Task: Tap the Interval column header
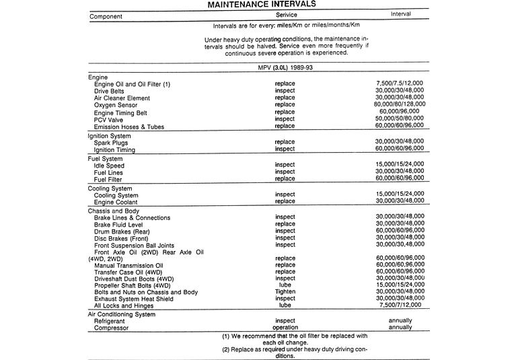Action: point(400,14)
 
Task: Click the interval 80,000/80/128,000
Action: point(400,105)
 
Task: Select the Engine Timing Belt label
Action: point(122,112)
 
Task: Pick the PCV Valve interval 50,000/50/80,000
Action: point(400,119)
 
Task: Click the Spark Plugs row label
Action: point(112,143)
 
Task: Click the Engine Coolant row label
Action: point(116,202)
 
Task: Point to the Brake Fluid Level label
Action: point(124,225)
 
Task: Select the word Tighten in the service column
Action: point(285,291)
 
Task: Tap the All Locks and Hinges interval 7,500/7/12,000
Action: point(400,305)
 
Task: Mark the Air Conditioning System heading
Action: point(126,314)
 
